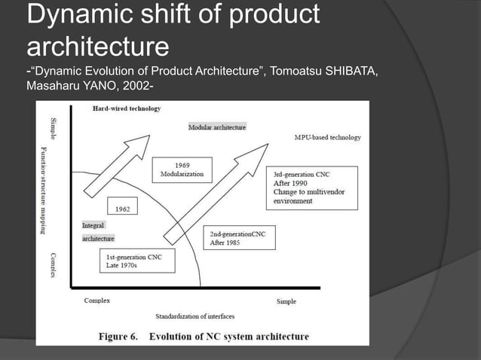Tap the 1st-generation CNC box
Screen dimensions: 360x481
pyautogui.click(x=136, y=261)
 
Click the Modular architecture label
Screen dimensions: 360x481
pyautogui.click(x=217, y=127)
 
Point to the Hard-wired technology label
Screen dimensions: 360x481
pyautogui.click(x=127, y=108)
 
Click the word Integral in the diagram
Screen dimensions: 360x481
pyautogui.click(x=93, y=225)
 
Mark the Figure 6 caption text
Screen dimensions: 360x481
pyautogui.click(x=204, y=336)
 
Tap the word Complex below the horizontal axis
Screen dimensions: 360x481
pyautogui.click(x=97, y=301)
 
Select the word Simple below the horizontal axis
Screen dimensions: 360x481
pyautogui.click(x=286, y=301)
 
